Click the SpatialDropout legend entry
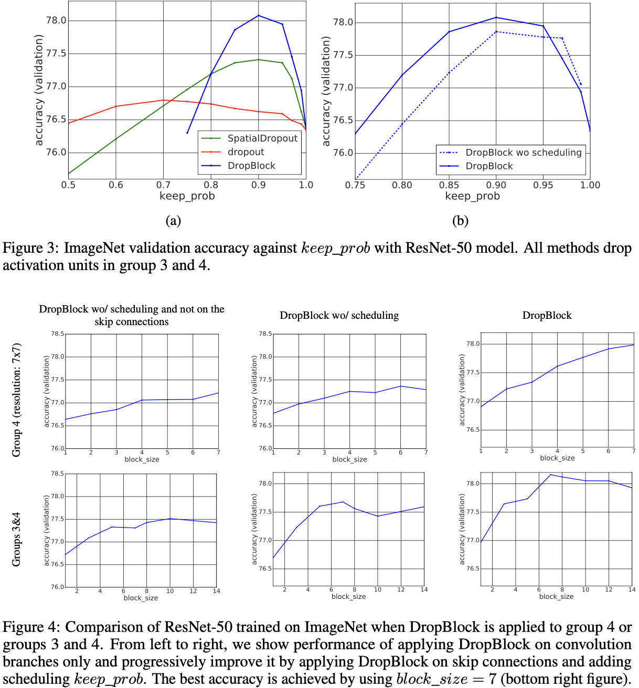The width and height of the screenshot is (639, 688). pos(262,138)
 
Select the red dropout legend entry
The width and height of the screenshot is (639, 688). pos(246,152)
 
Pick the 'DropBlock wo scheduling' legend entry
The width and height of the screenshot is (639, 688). pos(523,153)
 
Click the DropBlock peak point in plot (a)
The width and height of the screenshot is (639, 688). pos(258,15)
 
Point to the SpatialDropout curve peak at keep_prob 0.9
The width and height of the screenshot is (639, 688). pos(258,59)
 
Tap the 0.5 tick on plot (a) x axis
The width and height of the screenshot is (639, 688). pos(68,185)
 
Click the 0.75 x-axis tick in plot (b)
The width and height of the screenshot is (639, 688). pos(355,185)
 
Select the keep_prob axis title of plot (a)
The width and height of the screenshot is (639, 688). pos(187,196)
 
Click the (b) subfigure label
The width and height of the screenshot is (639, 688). pos(460,221)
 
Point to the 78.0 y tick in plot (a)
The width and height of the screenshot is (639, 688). pos(57,20)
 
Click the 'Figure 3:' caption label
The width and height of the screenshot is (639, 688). pos(30,248)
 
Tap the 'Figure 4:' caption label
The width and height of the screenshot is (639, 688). pos(30,628)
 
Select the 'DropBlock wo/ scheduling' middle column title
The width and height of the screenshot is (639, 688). pos(339,315)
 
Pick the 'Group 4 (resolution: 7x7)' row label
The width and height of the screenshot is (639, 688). pos(17,400)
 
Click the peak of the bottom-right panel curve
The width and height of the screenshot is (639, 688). pos(550,475)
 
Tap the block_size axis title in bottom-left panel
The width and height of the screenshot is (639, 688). pos(141,598)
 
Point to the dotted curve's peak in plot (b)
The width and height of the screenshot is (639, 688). pos(496,31)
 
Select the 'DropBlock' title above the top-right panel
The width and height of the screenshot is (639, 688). pos(547,315)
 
